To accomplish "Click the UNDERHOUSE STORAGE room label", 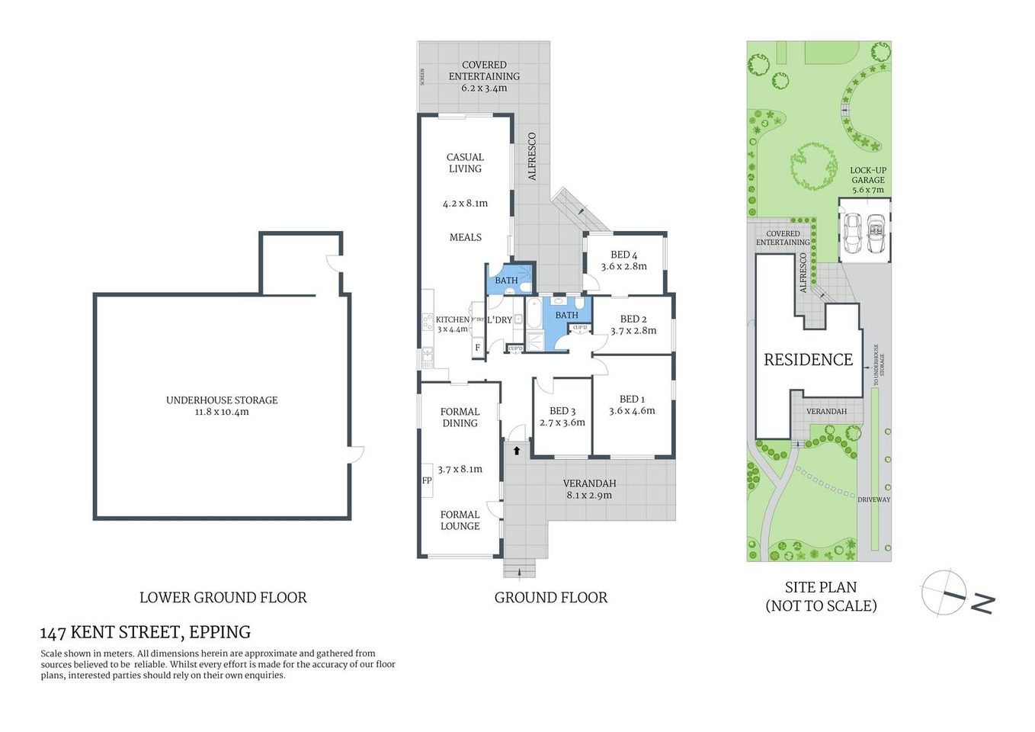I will coord(222,400).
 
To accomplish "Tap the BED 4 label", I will coord(623,255).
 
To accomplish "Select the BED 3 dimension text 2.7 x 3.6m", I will coord(562,422).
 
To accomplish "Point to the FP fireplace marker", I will coord(427,480).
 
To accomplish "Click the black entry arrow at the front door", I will coord(516,451).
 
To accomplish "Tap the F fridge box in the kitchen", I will coord(478,348).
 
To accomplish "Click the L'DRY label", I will coord(500,320).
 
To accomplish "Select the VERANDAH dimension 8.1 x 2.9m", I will coord(589,496).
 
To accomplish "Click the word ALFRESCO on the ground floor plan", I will coord(532,156).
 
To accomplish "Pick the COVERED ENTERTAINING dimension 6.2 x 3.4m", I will coord(484,88).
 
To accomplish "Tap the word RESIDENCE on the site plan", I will coord(808,360).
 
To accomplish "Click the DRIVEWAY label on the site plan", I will coord(873,499).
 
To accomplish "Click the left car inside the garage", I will coord(854,233).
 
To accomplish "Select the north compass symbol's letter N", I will coord(982,603).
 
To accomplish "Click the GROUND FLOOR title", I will coord(550,598).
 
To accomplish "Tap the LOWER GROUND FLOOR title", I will coord(223,598).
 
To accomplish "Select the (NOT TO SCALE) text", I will coord(821,606).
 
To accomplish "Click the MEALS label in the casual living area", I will coord(465,237).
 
